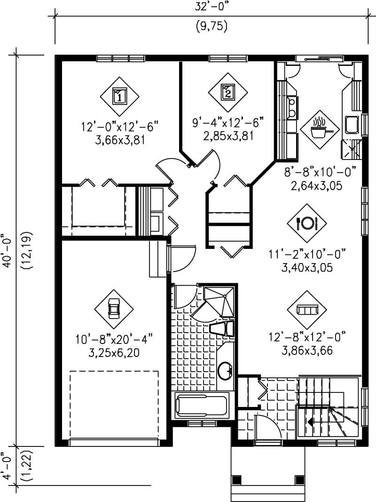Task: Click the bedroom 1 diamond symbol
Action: [x=120, y=97]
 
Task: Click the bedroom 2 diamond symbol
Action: [x=227, y=92]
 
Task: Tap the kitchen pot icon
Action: [x=320, y=125]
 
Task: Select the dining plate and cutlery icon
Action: [x=306, y=223]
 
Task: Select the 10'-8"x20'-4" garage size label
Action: [x=114, y=339]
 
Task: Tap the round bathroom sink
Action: [x=226, y=370]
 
